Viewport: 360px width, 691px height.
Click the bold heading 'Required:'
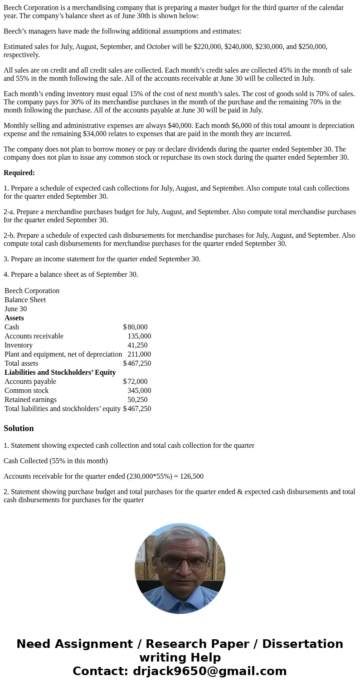pyautogui.click(x=19, y=173)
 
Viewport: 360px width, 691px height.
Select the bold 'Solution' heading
pyautogui.click(x=19, y=428)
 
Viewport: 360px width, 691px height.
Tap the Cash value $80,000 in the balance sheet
pyautogui.click(x=136, y=327)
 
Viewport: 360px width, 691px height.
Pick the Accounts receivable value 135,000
pyautogui.click(x=139, y=336)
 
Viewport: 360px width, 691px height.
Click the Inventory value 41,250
pyautogui.click(x=137, y=345)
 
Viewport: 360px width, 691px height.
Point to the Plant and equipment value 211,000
pyautogui.click(x=139, y=354)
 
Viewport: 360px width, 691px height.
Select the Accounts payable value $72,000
pyautogui.click(x=136, y=382)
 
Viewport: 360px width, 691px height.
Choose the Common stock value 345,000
pyautogui.click(x=139, y=391)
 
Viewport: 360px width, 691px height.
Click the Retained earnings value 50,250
pyautogui.click(x=137, y=400)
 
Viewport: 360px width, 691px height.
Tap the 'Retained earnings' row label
pyautogui.click(x=30, y=400)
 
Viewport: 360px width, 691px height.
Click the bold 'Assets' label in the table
pyautogui.click(x=14, y=318)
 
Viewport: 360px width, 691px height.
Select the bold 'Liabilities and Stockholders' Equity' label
pyautogui.click(x=60, y=372)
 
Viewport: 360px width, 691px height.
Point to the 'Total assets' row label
pyautogui.click(x=21, y=363)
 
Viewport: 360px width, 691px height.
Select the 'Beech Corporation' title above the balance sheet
pyautogui.click(x=32, y=291)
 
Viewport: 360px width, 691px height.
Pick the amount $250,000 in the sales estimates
pyautogui.click(x=312, y=47)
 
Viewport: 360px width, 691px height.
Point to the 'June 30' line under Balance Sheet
pyautogui.click(x=15, y=309)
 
